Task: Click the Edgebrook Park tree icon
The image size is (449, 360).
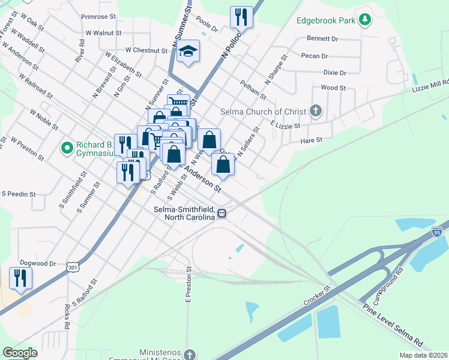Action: click(x=364, y=20)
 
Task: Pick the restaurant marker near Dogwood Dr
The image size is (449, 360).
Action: click(x=21, y=278)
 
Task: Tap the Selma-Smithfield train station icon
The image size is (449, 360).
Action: click(x=222, y=212)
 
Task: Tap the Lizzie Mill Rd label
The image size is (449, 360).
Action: click(x=430, y=86)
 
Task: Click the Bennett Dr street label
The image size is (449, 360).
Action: click(x=322, y=38)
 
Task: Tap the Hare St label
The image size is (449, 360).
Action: click(x=311, y=140)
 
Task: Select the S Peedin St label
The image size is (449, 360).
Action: click(x=19, y=194)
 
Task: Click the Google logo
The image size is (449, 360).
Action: click(x=20, y=353)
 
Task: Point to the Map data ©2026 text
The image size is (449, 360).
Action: click(x=423, y=355)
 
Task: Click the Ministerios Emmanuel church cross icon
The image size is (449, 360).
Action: click(x=190, y=354)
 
